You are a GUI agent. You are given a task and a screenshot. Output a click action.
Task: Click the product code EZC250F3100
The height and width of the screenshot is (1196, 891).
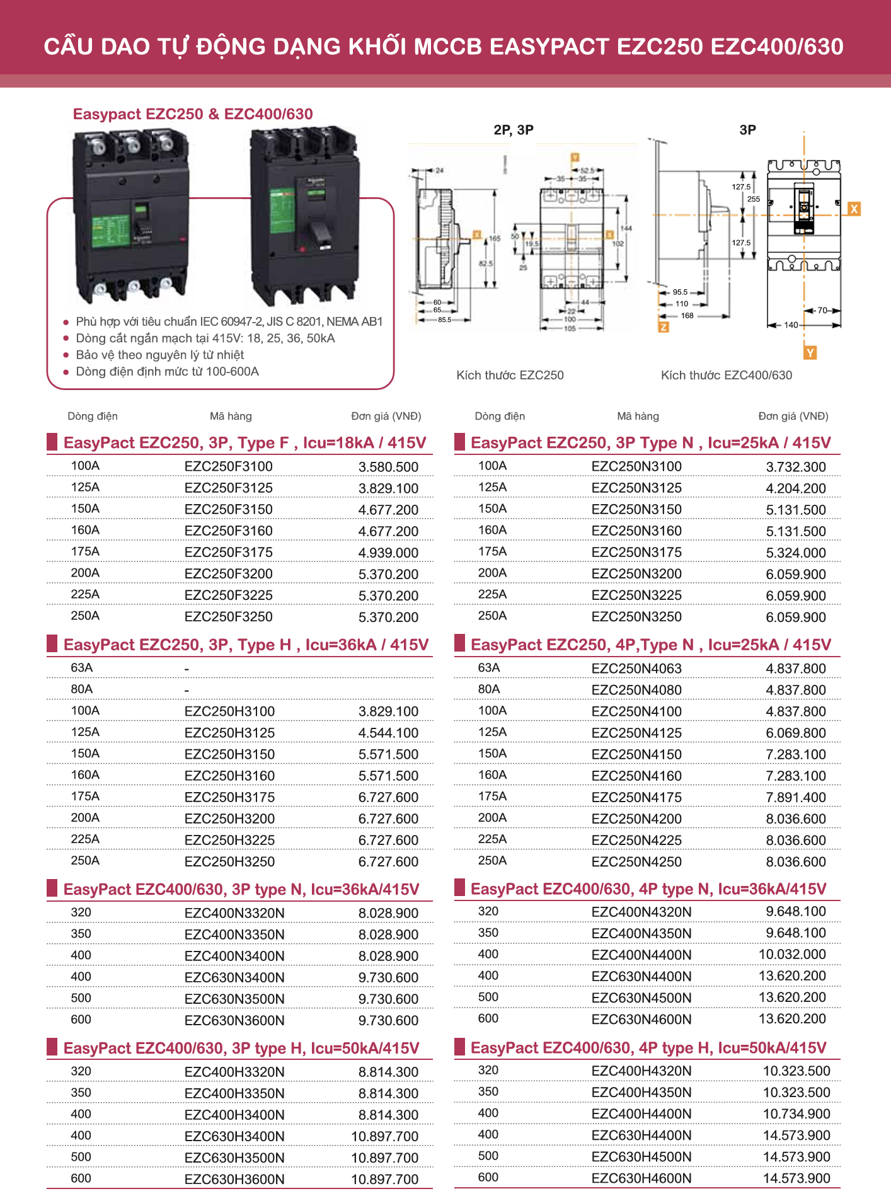[228, 467]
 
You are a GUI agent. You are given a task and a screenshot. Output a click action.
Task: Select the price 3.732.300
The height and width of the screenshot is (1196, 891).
[795, 467]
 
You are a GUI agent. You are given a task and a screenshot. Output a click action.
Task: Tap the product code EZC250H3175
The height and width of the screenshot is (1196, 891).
[229, 797]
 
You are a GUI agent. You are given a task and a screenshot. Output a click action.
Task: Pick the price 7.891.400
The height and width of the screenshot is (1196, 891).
[795, 797]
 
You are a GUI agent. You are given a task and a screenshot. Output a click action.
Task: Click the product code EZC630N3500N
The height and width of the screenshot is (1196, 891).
[234, 999]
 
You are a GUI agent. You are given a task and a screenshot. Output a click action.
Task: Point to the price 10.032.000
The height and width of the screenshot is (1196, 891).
[791, 955]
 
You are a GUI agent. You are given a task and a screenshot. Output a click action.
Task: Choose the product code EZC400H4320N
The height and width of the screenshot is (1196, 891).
[641, 1071]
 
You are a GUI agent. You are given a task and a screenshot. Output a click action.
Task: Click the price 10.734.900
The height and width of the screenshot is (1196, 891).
[796, 1113]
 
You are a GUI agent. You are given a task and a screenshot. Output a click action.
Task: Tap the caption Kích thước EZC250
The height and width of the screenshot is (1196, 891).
[510, 376]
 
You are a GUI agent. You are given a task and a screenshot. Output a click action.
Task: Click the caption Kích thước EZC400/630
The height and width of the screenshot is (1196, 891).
[726, 376]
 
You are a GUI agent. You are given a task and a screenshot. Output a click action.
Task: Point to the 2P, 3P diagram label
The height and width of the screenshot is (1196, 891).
[513, 130]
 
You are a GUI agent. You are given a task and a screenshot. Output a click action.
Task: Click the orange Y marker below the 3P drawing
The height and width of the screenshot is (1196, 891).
[810, 353]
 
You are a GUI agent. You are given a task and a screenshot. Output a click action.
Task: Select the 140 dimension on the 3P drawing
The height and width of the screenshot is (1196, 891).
[791, 325]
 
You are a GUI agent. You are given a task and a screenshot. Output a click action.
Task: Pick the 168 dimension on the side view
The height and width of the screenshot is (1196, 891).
[687, 316]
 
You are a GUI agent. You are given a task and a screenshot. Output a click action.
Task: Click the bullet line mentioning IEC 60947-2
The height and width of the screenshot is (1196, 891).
[229, 321]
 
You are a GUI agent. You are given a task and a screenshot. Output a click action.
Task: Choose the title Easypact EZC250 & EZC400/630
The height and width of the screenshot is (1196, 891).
[193, 114]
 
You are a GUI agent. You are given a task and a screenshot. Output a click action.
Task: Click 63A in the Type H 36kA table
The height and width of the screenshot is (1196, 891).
[82, 668]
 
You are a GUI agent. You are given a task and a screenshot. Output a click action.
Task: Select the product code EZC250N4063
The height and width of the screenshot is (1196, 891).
[636, 669]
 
